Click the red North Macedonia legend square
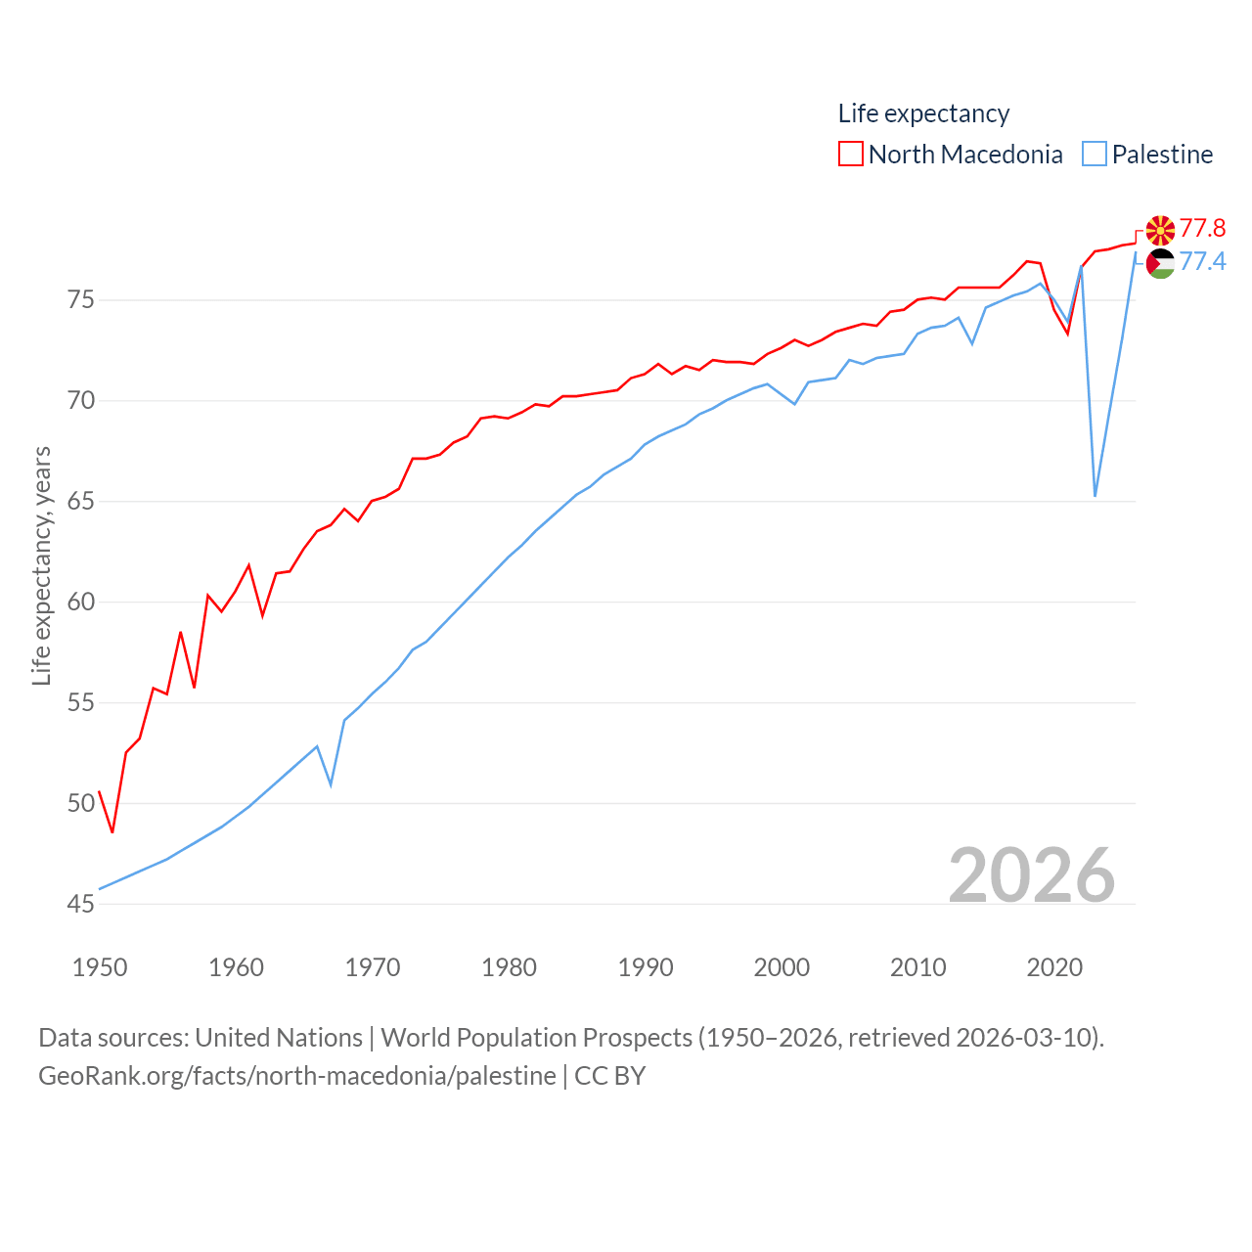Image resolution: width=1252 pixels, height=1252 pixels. click(x=850, y=155)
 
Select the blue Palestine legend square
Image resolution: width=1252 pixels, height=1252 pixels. click(x=1095, y=155)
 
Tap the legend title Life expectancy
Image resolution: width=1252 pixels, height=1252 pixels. click(x=923, y=113)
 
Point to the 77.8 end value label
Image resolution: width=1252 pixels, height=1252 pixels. click(x=1202, y=228)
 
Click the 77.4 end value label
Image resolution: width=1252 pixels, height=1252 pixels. click(x=1202, y=261)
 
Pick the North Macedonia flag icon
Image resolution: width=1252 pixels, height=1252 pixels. click(x=1160, y=230)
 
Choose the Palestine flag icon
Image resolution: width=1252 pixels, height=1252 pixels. click(x=1160, y=263)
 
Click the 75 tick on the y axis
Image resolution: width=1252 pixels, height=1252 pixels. click(x=81, y=299)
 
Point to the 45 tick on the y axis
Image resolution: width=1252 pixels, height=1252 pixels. click(x=81, y=904)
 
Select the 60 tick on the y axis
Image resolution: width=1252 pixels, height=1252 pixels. click(x=81, y=602)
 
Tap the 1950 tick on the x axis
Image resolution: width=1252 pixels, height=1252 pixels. click(x=100, y=967)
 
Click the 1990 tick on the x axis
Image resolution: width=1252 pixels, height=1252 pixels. click(x=646, y=967)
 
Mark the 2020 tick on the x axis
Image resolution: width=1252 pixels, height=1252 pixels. click(x=1054, y=967)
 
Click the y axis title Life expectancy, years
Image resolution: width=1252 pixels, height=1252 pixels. click(x=41, y=565)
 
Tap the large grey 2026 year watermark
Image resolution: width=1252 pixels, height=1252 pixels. click(x=1031, y=874)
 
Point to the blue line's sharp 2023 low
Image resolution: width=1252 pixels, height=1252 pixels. click(x=1095, y=495)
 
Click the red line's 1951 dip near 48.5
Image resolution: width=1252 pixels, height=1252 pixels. click(x=112, y=831)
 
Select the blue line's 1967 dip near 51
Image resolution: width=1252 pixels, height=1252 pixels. click(x=331, y=784)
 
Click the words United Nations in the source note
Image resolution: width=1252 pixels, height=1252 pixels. click(x=278, y=1037)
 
